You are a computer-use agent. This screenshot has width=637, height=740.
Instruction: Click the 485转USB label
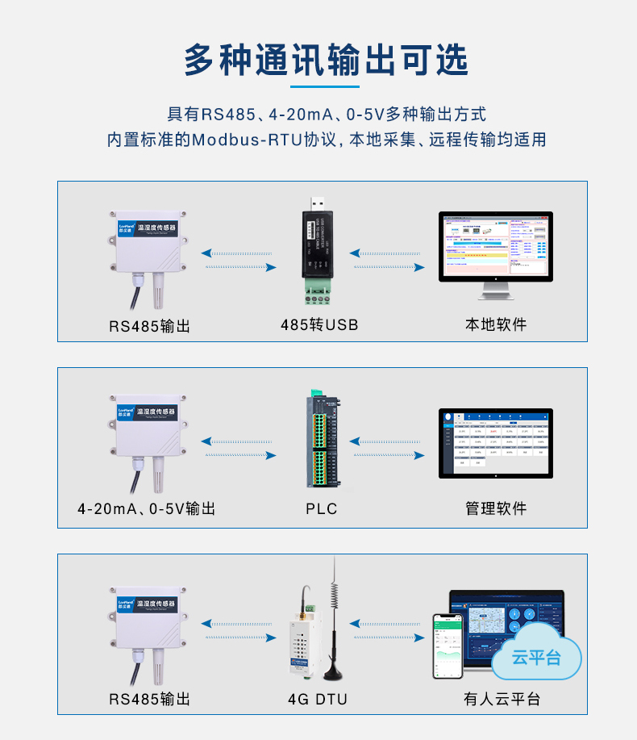(319, 325)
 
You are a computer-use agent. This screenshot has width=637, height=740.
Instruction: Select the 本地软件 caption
(496, 324)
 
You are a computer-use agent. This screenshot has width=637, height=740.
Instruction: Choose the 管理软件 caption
(496, 508)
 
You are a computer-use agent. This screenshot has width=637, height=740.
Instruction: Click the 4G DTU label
(318, 699)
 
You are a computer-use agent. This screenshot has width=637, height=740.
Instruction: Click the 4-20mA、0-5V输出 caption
(147, 509)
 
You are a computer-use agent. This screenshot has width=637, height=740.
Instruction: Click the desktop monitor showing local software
(496, 246)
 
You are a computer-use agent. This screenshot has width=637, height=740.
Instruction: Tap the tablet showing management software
(496, 443)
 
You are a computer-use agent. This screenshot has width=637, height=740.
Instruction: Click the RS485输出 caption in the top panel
(150, 326)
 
